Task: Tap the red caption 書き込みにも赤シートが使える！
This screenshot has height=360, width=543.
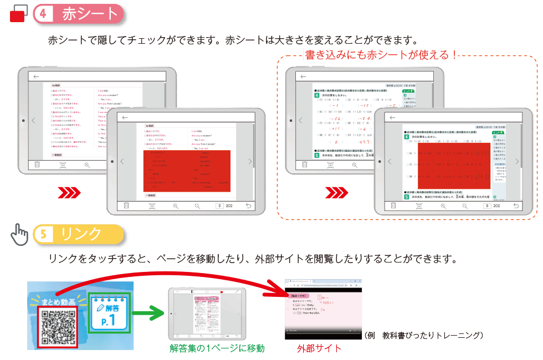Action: (x=381, y=54)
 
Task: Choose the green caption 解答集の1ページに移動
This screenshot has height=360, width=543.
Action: (x=217, y=348)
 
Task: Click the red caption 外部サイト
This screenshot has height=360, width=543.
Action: (x=319, y=348)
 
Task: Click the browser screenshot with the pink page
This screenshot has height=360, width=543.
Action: (x=322, y=308)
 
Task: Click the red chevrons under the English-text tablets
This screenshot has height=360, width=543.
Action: (x=70, y=192)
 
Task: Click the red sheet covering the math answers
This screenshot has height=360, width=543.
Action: (x=446, y=166)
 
